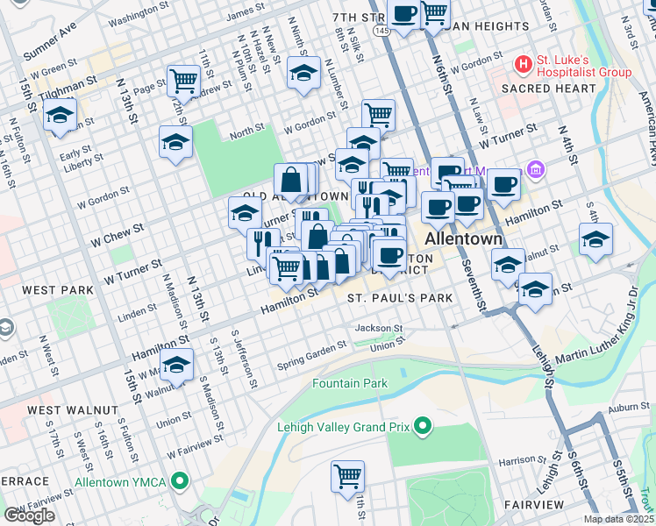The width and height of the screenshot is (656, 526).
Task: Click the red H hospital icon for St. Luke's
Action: [524, 65]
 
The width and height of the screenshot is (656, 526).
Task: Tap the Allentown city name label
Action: [463, 239]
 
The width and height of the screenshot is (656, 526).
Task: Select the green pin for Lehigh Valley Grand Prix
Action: [424, 427]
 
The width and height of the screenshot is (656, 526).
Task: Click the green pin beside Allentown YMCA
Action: [181, 481]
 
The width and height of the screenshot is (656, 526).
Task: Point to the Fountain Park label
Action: [350, 384]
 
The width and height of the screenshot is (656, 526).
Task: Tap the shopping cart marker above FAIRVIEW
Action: [347, 476]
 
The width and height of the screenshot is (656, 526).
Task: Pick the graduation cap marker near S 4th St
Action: [595, 238]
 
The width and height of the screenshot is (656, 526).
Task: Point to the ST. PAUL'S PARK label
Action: [400, 298]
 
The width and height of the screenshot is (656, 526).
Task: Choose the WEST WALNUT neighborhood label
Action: [72, 409]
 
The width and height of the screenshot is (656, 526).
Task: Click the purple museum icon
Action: [535, 169]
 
